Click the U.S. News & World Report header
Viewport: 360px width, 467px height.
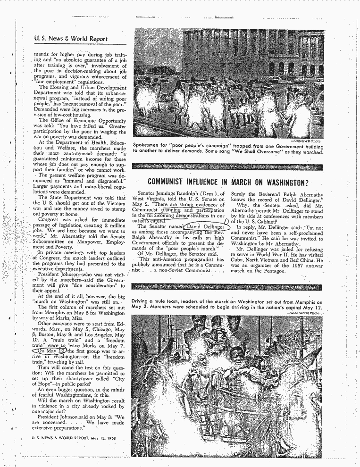click(71, 39)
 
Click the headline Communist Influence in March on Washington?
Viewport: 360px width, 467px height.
click(228, 182)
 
